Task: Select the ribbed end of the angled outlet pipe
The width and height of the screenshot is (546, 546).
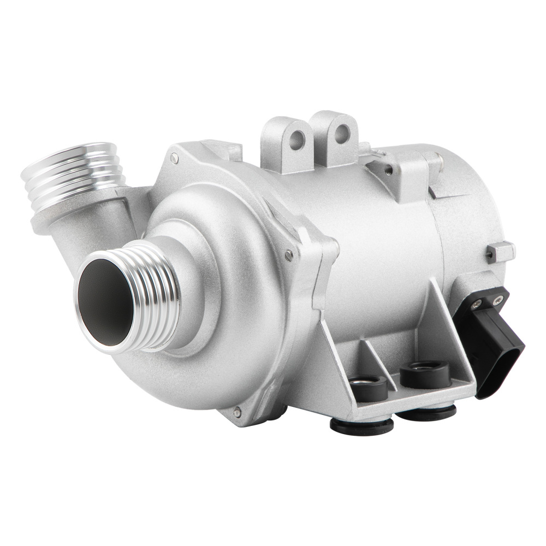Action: coord(74,175)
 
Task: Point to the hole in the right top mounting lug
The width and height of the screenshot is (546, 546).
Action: coord(342,133)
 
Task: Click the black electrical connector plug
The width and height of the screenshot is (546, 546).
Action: coord(494,344)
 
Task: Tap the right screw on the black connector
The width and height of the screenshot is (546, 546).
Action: coord(497,300)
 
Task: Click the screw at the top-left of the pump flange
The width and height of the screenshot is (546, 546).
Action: coord(174,158)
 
